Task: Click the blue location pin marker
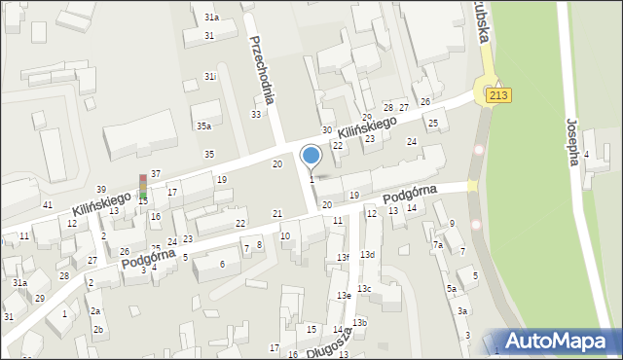pyautogui.click(x=311, y=156)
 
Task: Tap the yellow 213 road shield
pyautogui.click(x=497, y=94)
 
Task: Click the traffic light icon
pyautogui.click(x=143, y=187)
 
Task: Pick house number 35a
pyautogui.click(x=203, y=126)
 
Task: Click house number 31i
pyautogui.click(x=209, y=76)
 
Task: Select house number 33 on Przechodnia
pyautogui.click(x=256, y=115)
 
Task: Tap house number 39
pyautogui.click(x=101, y=189)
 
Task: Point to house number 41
pyautogui.click(x=48, y=205)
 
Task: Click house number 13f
pyautogui.click(x=343, y=258)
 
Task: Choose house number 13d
pyautogui.click(x=366, y=255)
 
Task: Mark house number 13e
pyautogui.click(x=344, y=296)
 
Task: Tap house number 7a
pyautogui.click(x=438, y=245)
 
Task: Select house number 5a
pyautogui.click(x=452, y=289)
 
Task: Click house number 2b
pyautogui.click(x=98, y=329)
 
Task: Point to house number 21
pyautogui.click(x=277, y=214)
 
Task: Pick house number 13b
pyautogui.click(x=360, y=323)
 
